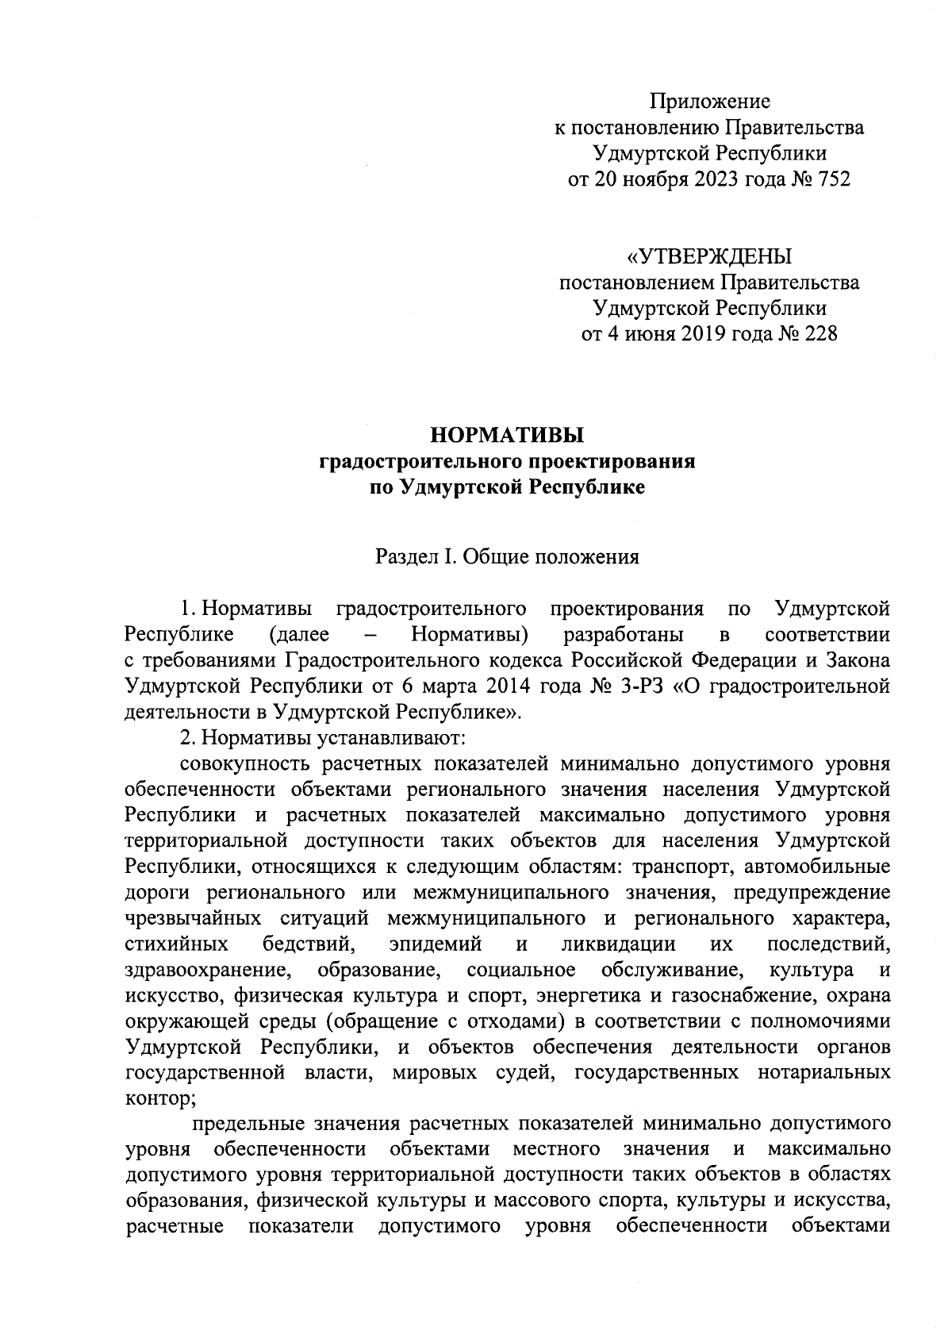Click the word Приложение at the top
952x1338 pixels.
pos(710,102)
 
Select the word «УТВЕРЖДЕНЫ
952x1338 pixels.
pos(709,256)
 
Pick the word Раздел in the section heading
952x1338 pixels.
pos(407,557)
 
